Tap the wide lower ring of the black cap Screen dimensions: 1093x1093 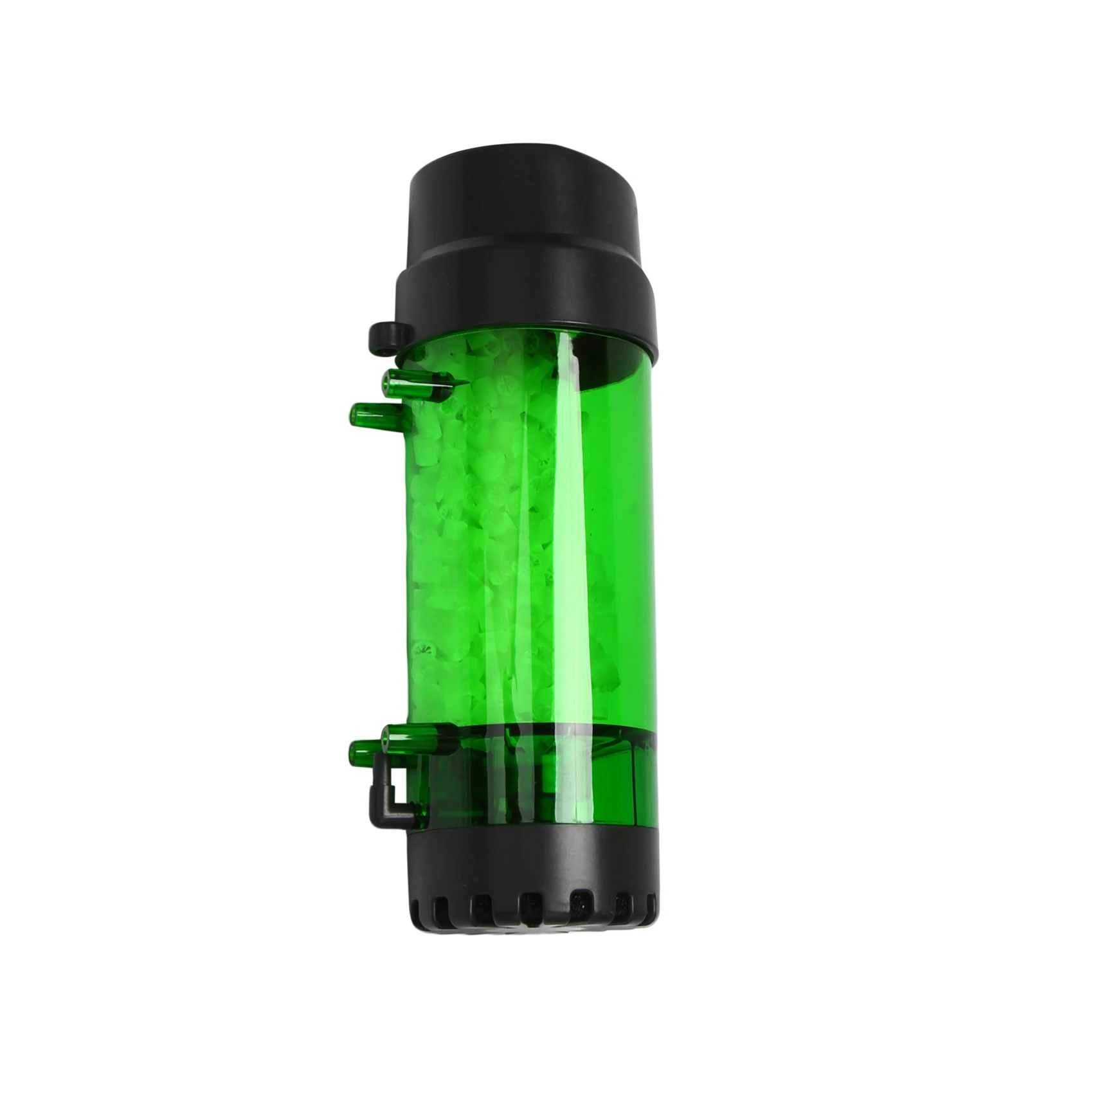point(524,302)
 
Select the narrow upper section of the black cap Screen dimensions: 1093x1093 point(524,212)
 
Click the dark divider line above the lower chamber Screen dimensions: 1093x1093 point(546,730)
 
